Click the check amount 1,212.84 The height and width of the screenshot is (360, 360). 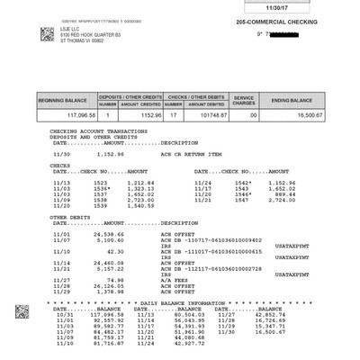(x=140, y=182)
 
